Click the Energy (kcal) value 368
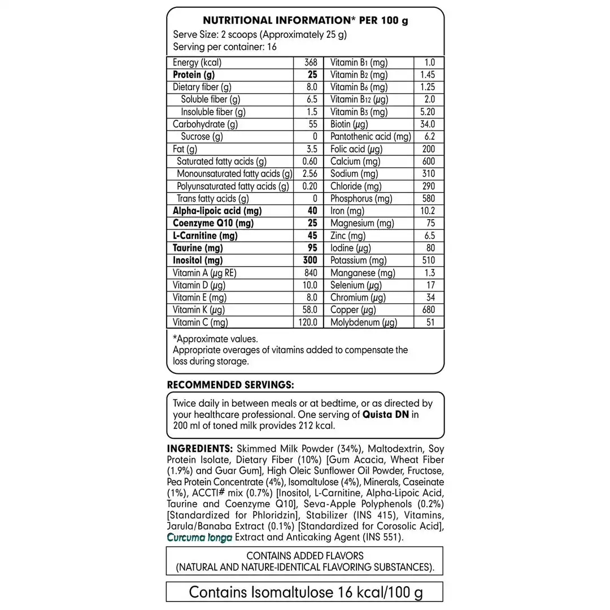click(x=311, y=63)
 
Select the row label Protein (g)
click(x=194, y=75)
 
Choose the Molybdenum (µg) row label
click(x=364, y=323)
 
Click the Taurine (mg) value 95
click(x=312, y=248)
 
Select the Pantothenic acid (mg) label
click(x=371, y=137)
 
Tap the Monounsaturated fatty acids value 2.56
click(x=310, y=174)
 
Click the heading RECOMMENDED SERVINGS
click(x=230, y=385)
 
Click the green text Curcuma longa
click(x=200, y=537)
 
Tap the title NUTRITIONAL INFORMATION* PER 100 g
click(x=305, y=21)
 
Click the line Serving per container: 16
click(x=225, y=47)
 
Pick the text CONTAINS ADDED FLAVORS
click(x=305, y=556)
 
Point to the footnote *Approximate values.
click(x=215, y=339)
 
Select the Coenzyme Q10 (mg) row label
click(x=205, y=223)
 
